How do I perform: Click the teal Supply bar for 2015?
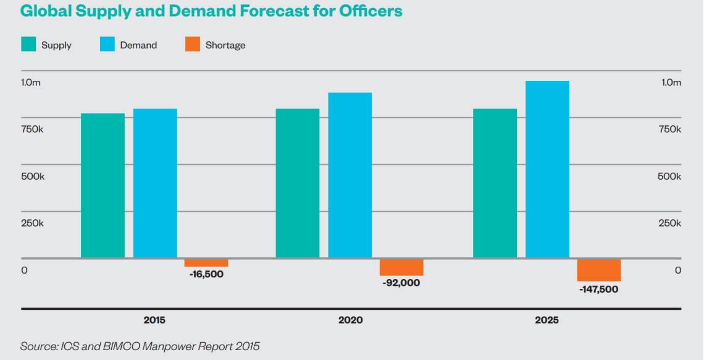tap(103, 185)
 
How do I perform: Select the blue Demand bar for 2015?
tap(155, 183)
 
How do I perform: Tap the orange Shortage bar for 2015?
tap(206, 262)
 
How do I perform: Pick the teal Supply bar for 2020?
tap(298, 183)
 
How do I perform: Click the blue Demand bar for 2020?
tap(350, 175)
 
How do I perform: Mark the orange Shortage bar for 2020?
tap(401, 267)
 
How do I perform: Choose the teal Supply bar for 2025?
tap(495, 183)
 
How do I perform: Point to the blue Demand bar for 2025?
tap(547, 169)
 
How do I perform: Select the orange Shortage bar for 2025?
tap(598, 270)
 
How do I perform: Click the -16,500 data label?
tap(206, 274)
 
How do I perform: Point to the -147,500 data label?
tap(598, 289)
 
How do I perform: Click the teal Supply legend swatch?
tap(28, 44)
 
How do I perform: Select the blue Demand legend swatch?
tap(107, 44)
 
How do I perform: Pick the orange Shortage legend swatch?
tap(193, 44)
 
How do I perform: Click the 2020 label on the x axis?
tap(350, 320)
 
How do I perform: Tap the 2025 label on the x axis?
tap(547, 320)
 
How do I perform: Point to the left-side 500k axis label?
tap(33, 176)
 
